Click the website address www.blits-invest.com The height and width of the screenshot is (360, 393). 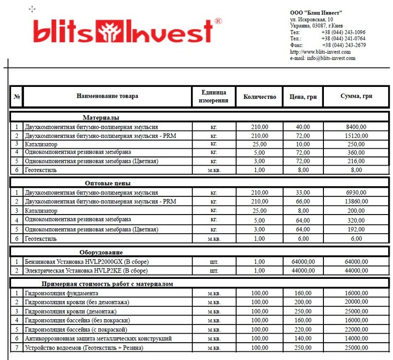321,52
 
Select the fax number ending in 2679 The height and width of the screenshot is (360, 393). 344,45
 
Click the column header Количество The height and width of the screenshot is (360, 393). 260,97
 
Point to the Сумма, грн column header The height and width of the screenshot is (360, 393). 356,97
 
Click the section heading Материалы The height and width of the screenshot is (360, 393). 101,117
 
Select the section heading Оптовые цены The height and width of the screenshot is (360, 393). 107,183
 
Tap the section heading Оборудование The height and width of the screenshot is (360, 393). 101,252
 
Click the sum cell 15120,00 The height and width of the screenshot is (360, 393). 356,136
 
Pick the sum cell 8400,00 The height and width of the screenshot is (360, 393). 356,127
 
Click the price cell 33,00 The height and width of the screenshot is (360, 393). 303,192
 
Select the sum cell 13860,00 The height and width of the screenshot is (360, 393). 356,202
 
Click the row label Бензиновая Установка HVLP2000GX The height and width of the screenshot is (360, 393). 87,262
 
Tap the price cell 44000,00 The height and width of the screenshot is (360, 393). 303,271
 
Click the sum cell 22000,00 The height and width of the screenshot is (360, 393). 356,330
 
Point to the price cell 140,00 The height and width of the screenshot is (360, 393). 303,339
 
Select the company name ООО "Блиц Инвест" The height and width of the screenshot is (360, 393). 316,12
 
